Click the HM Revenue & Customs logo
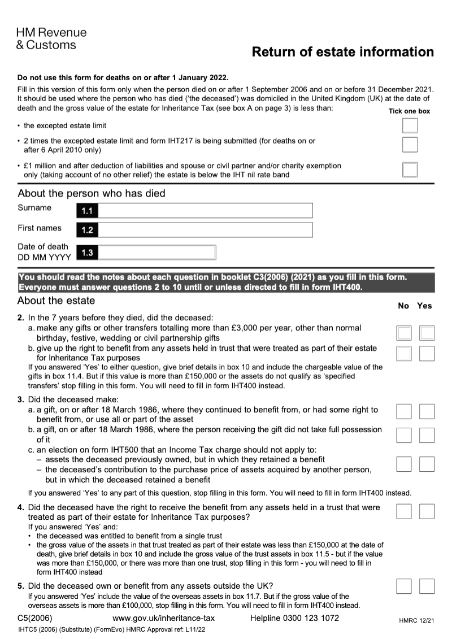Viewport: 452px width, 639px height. pyautogui.click(x=51, y=38)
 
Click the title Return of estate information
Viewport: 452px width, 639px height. pyautogui.click(x=342, y=53)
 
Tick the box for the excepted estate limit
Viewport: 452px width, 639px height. pyautogui.click(x=410, y=125)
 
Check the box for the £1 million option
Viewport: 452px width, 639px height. pyautogui.click(x=410, y=169)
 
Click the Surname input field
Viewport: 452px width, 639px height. pyautogui.click(x=205, y=211)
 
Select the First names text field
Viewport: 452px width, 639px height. pyautogui.click(x=205, y=230)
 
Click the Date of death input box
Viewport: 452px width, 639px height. pyautogui.click(x=157, y=253)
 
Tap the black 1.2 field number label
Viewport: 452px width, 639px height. pyautogui.click(x=87, y=231)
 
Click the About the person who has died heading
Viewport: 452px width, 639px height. pyautogui.click(x=92, y=193)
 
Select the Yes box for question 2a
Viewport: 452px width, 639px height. pyautogui.click(x=427, y=333)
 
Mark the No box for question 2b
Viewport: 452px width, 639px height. pyautogui.click(x=404, y=354)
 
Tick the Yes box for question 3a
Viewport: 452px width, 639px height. pyautogui.click(x=427, y=411)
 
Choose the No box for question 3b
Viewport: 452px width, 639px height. pyautogui.click(x=404, y=434)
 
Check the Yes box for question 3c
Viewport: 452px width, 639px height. pyautogui.click(x=427, y=464)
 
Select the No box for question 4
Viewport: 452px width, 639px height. pyautogui.click(x=404, y=511)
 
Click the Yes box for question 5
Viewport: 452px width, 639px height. pyautogui.click(x=427, y=586)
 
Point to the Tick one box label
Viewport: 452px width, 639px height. pyautogui.click(x=409, y=111)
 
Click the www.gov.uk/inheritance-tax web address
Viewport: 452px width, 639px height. pyautogui.click(x=164, y=618)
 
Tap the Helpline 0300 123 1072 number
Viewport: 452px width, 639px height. pyautogui.click(x=294, y=618)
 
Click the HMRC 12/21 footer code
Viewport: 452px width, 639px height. pyautogui.click(x=416, y=621)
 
